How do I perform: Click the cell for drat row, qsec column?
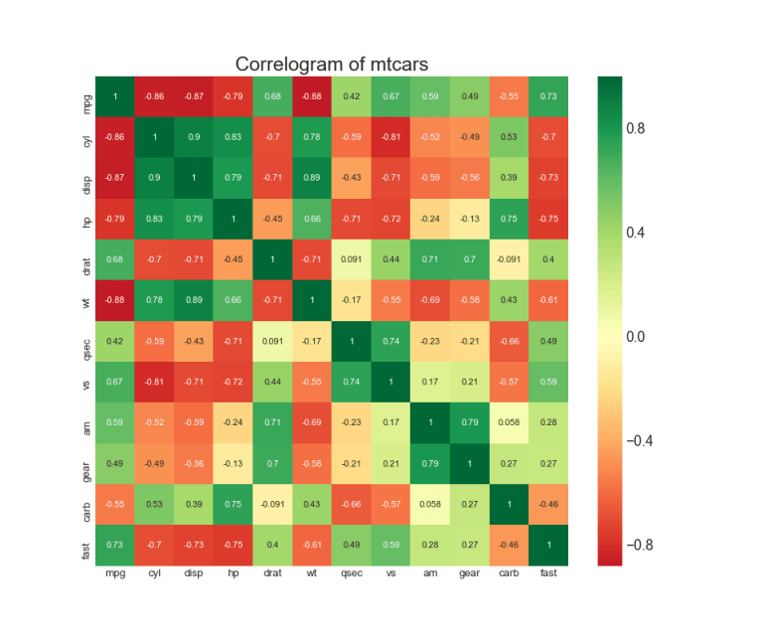point(351,259)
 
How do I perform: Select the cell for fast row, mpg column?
point(114,545)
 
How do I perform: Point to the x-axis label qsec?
point(351,574)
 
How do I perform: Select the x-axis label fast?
point(546,574)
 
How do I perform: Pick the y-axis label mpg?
point(87,96)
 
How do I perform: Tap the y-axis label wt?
point(87,300)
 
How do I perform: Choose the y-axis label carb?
point(87,504)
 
